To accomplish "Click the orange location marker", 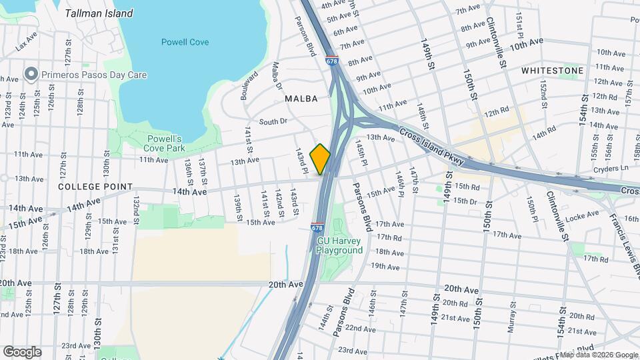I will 320,159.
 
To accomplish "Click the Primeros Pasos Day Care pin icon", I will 31,75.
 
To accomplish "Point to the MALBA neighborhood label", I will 301,98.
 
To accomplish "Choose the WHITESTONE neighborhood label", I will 552,70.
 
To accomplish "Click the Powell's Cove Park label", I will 166,143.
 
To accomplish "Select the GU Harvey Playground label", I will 340,245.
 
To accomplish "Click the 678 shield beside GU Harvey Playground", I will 317,228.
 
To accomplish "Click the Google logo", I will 22,351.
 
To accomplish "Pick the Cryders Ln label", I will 615,169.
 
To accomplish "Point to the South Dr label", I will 273,121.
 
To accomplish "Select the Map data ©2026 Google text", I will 598,355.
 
